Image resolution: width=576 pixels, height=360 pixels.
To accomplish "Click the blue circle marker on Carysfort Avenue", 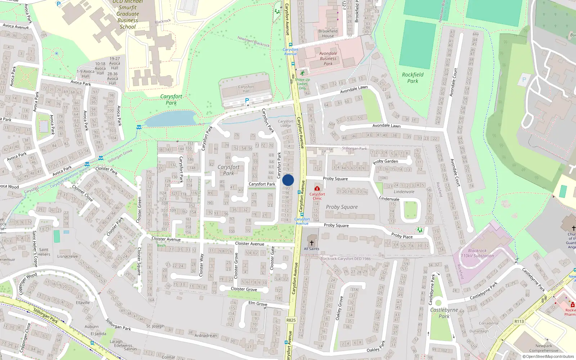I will (x=288, y=180).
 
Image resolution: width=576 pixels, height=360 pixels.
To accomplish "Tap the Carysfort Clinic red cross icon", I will (x=317, y=188).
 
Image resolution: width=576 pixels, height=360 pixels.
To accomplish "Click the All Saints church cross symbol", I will (x=312, y=243).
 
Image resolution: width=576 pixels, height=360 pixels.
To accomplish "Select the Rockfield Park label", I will (x=413, y=78).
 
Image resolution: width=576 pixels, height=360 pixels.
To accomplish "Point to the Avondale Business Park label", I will (x=328, y=58).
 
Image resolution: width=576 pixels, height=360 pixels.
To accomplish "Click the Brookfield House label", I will (x=328, y=33).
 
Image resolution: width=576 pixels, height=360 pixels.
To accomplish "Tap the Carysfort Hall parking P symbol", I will (x=247, y=100).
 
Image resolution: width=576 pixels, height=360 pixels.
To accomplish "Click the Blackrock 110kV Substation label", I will (x=477, y=253).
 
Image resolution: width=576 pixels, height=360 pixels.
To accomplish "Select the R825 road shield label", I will (x=291, y=320).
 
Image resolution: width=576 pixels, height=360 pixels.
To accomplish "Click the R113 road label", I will (x=519, y=321).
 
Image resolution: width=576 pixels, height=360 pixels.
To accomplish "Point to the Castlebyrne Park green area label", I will (x=444, y=313).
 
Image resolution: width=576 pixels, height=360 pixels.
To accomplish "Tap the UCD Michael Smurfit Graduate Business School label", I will (x=127, y=14).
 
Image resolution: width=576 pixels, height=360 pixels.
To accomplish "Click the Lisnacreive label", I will (x=68, y=256).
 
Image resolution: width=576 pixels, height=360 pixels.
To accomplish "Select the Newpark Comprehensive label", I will (x=544, y=348).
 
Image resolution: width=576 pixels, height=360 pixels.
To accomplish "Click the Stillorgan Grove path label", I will (x=120, y=156).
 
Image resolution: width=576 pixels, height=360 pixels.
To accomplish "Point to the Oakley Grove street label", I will (x=338, y=309).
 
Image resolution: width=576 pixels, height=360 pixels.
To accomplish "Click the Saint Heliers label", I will (x=44, y=252).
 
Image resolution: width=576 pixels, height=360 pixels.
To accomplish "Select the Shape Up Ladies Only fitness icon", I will (x=302, y=73).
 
